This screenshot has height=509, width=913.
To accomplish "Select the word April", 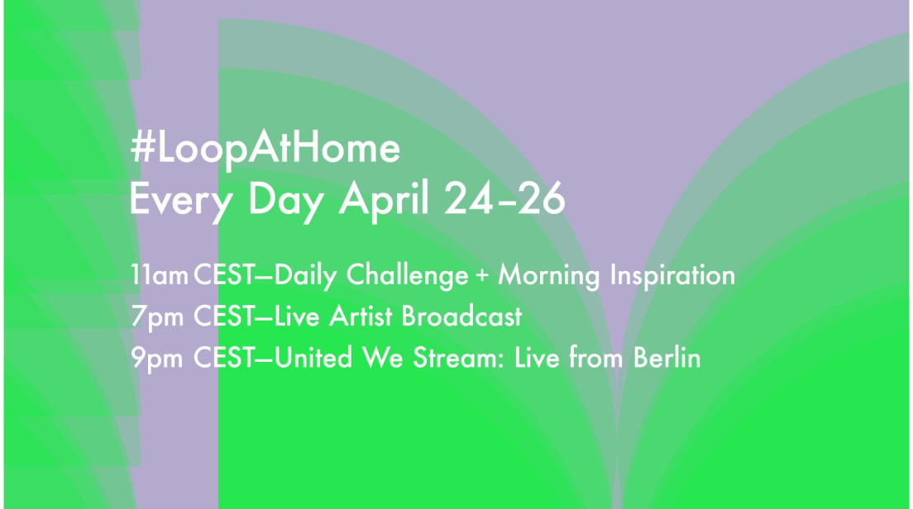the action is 385,199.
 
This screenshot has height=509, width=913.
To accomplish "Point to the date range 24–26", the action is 504,198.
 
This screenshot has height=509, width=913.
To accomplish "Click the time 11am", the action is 159,275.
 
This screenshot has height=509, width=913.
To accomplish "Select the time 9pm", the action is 157,359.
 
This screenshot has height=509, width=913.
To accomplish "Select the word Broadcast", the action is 461,316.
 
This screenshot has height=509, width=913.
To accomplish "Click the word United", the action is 313,357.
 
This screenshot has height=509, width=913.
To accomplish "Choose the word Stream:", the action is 459,357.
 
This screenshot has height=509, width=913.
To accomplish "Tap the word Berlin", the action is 667,357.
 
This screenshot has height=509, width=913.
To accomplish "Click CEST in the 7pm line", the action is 223,316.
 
